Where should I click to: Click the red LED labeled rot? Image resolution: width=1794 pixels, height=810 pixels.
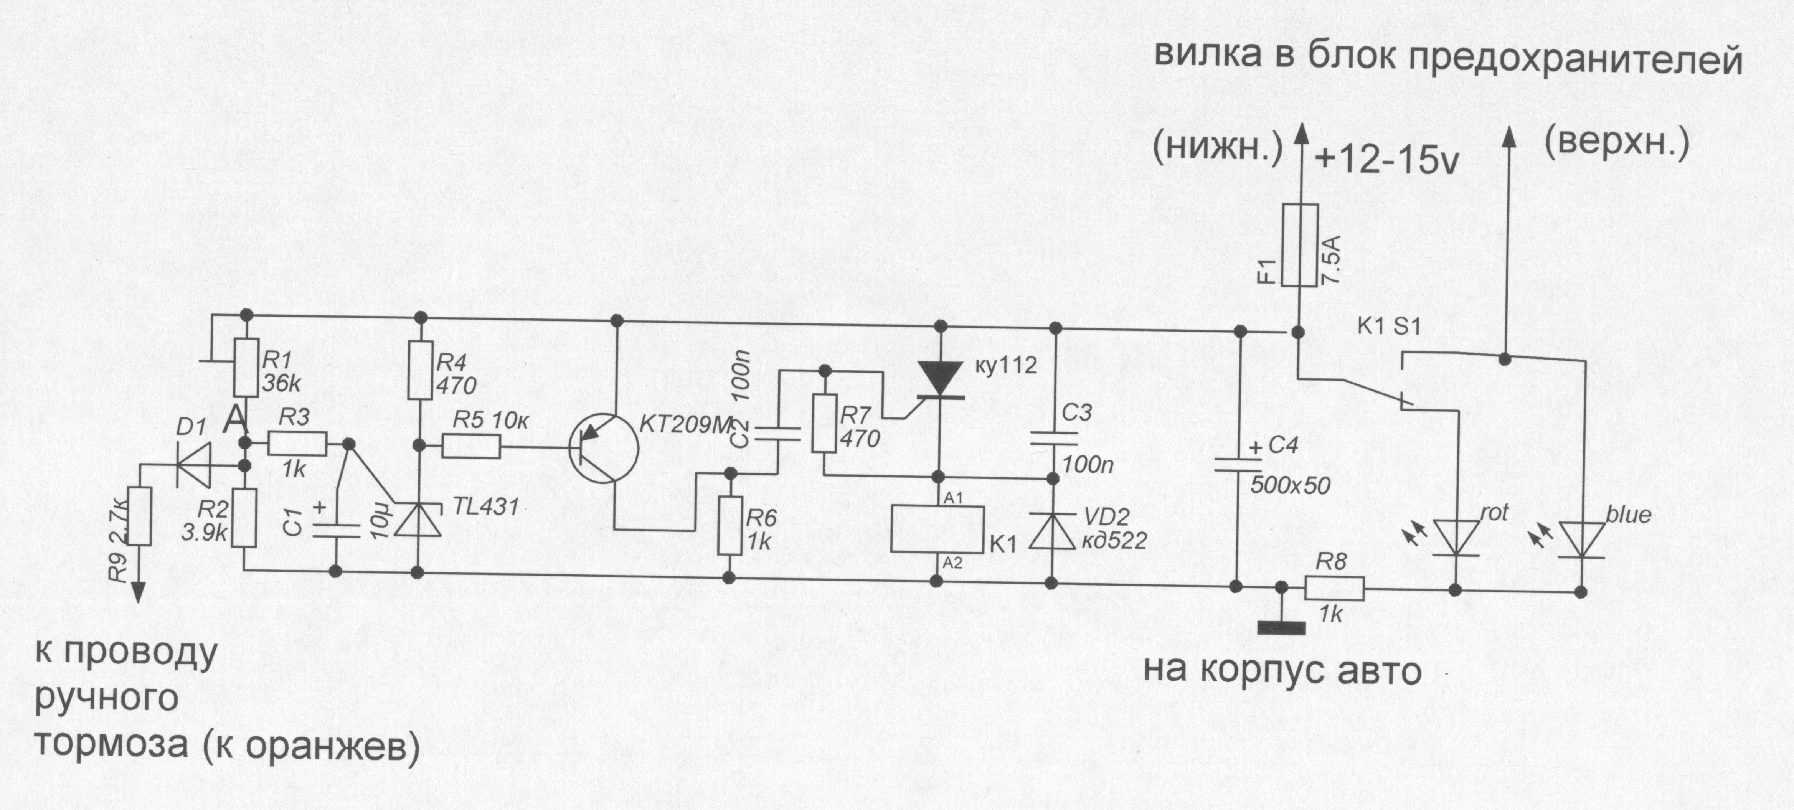pyautogui.click(x=1455, y=539)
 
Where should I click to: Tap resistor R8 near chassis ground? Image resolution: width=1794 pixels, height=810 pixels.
pyautogui.click(x=1334, y=589)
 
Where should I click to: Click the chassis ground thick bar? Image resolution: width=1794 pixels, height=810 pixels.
pyautogui.click(x=1281, y=627)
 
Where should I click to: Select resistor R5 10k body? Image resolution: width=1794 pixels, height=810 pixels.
pyautogui.click(x=471, y=447)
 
